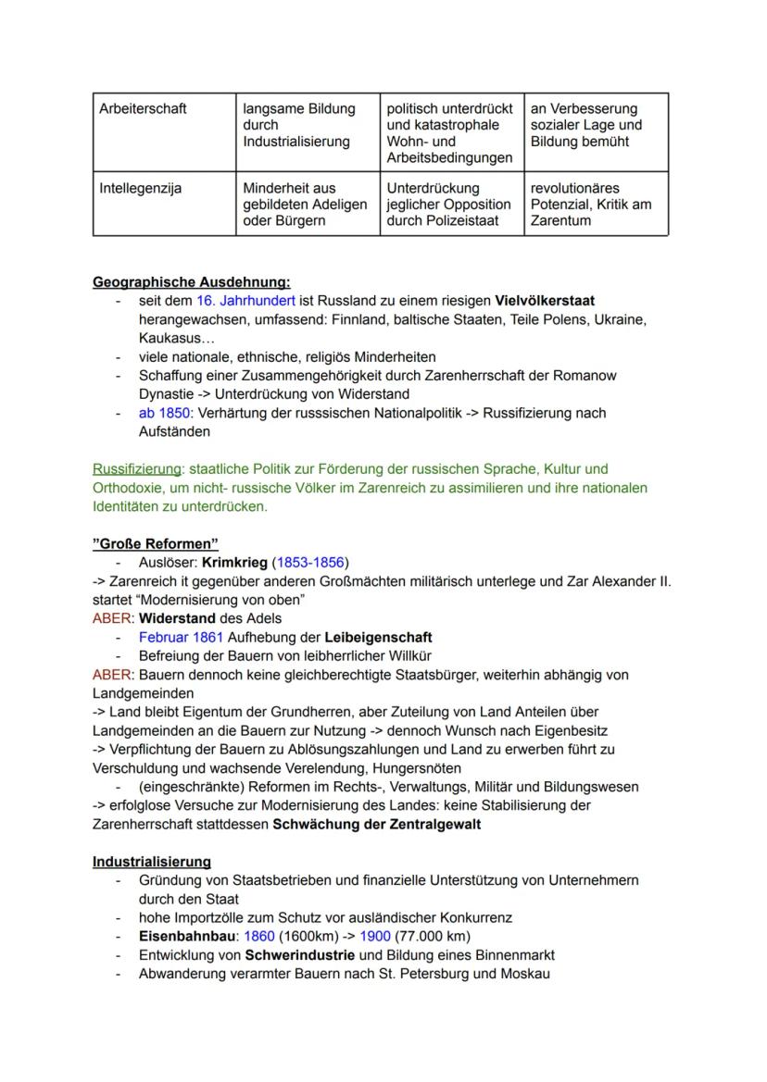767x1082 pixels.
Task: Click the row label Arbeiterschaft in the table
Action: pyautogui.click(x=143, y=108)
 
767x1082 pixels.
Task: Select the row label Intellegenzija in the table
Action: pyautogui.click(x=140, y=188)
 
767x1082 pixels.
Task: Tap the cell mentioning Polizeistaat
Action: pyautogui.click(x=449, y=205)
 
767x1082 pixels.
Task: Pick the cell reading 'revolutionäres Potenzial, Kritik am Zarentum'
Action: pyautogui.click(x=590, y=205)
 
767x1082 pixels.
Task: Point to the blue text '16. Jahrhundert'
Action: pyautogui.click(x=245, y=301)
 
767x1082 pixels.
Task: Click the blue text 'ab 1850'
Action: pyautogui.click(x=162, y=413)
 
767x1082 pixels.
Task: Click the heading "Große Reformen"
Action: pyautogui.click(x=156, y=543)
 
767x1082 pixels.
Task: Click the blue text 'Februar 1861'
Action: pyautogui.click(x=180, y=637)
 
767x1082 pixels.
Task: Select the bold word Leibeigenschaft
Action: pyautogui.click(x=378, y=637)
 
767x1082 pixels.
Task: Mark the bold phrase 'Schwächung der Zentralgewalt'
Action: pyautogui.click(x=376, y=824)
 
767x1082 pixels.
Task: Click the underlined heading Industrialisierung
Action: pyautogui.click(x=151, y=862)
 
